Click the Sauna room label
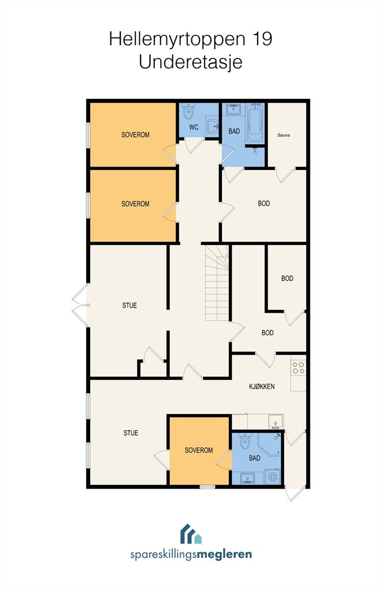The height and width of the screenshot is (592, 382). (x=284, y=135)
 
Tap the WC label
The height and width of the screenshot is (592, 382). (x=194, y=127)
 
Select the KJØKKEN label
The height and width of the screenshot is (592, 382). (x=262, y=386)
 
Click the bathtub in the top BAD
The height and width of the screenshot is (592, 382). (x=255, y=123)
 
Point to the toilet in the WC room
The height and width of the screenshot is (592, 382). (x=188, y=112)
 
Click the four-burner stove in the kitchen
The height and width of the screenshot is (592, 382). (x=298, y=368)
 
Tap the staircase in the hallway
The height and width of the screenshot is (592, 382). (x=217, y=283)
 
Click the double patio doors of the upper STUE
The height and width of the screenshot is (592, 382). (x=80, y=305)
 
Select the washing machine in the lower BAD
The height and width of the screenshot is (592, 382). (x=273, y=476)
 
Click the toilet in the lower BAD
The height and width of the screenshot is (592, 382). (x=246, y=441)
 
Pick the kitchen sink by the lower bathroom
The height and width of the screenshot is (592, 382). (x=276, y=421)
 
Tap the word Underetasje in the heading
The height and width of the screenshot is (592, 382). (x=190, y=62)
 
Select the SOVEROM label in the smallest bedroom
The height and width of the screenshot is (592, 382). (x=199, y=450)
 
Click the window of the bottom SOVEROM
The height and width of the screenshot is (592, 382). (x=207, y=487)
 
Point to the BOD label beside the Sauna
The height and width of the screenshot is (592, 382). (x=264, y=203)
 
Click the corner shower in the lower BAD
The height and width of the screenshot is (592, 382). (x=269, y=446)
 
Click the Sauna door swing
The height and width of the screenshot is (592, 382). (x=285, y=175)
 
